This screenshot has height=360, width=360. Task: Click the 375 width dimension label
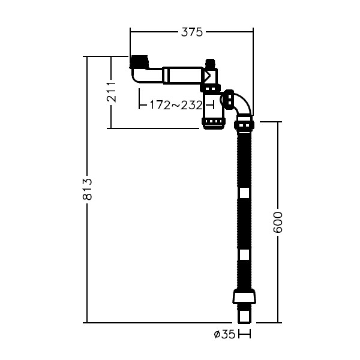[192, 32]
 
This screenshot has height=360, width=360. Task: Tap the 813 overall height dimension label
[88, 189]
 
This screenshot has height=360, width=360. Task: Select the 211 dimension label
[112, 92]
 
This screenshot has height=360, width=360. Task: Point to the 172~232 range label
[176, 106]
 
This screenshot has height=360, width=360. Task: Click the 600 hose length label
[278, 223]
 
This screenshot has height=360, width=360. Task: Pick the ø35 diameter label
[225, 334]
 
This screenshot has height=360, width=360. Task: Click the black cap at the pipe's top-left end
[139, 62]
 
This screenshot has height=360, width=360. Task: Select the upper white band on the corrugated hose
[245, 193]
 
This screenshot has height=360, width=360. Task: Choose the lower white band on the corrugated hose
[245, 254]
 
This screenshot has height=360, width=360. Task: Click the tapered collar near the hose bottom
[244, 296]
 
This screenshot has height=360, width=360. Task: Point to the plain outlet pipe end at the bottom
[244, 316]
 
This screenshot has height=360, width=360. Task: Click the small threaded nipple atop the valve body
[210, 64]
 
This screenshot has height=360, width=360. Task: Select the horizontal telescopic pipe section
[182, 76]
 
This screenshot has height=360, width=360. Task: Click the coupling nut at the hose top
[244, 125]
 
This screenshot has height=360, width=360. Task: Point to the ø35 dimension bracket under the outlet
[244, 334]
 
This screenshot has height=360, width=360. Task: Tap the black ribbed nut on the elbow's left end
[229, 100]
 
